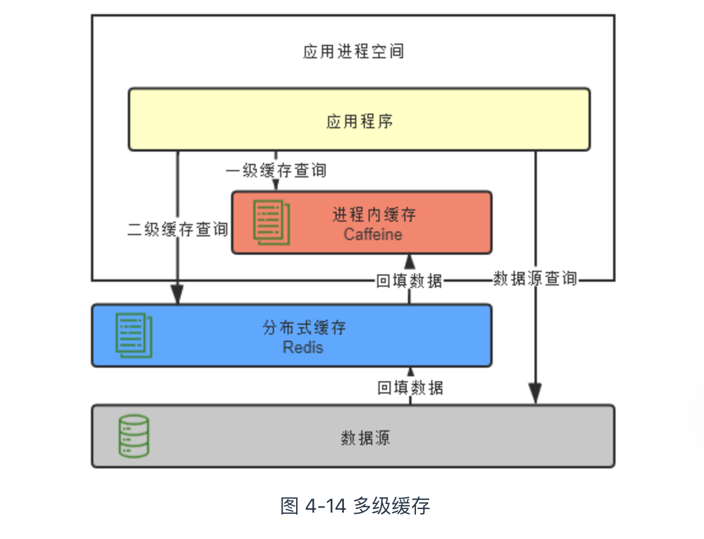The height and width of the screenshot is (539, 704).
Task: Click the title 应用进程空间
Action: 353,51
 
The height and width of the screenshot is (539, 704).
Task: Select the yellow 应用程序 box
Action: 359,120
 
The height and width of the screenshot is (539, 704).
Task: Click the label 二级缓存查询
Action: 178,230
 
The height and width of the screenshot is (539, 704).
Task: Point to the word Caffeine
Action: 373,235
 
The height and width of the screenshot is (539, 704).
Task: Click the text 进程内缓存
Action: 374,215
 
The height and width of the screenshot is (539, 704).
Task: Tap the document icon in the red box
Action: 271,222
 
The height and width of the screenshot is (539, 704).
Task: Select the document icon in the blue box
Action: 133,335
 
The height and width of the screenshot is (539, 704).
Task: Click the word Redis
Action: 303,347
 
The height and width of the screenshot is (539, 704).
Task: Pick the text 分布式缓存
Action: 304,328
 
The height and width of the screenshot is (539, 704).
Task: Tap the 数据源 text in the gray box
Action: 365,438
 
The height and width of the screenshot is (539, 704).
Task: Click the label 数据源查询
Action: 535,279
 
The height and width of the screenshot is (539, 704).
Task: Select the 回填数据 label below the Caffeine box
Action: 409,281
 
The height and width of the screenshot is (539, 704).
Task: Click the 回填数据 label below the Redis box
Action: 410,387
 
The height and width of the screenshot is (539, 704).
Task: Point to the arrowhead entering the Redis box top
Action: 178,296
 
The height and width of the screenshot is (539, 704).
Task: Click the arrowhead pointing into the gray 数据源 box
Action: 535,394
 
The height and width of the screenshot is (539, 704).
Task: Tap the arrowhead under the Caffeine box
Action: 409,261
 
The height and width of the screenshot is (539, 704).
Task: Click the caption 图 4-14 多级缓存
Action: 354,506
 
